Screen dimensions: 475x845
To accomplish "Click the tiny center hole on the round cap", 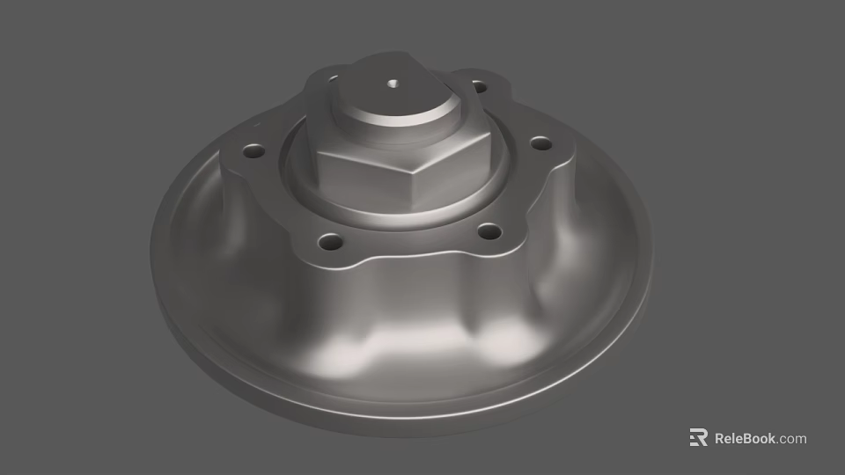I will pos(393,85).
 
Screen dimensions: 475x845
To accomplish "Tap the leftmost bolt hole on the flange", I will pos(254,151).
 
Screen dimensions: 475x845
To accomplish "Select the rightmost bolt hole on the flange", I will pos(540,142).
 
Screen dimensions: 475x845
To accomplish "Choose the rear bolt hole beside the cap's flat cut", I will pos(479,86).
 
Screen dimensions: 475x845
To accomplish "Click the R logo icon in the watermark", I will pos(698,438).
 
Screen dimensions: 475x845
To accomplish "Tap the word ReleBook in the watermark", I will pos(745,438).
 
